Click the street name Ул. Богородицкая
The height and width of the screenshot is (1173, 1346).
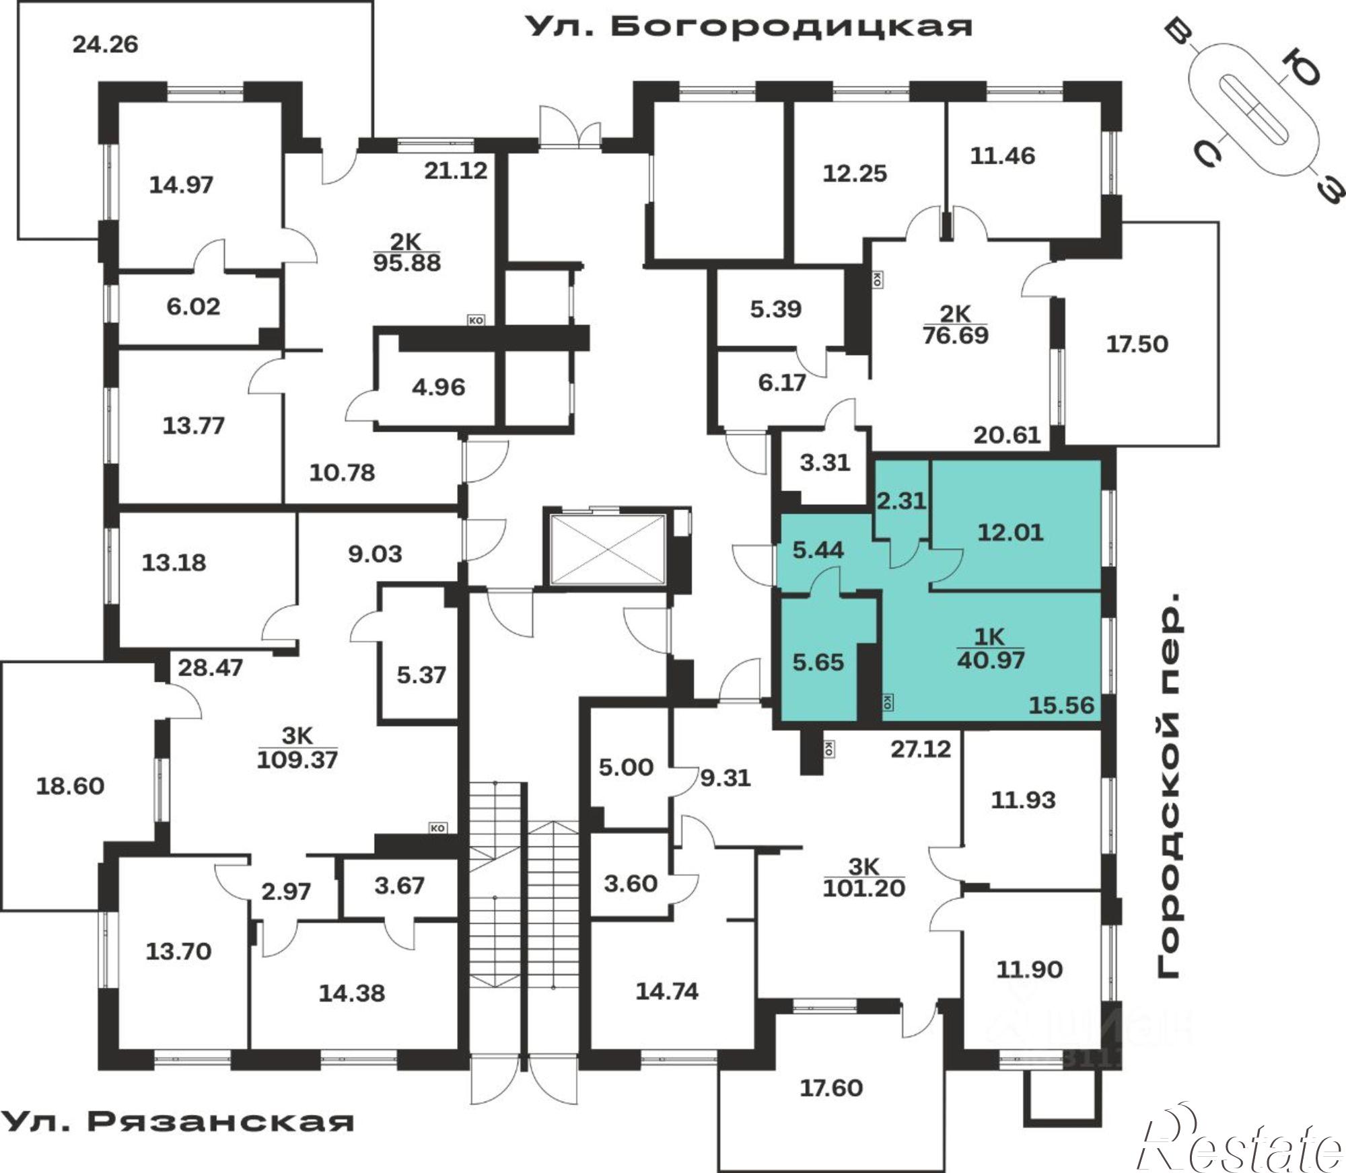(x=748, y=27)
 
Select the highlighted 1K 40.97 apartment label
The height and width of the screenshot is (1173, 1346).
(x=991, y=648)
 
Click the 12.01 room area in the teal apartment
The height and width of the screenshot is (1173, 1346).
(x=1010, y=532)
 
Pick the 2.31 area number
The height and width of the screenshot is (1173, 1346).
(x=901, y=500)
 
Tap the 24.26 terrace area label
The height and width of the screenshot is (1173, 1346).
(x=105, y=44)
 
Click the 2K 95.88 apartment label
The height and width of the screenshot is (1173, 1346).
(x=406, y=252)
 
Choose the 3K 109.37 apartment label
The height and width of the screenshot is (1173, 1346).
(x=297, y=748)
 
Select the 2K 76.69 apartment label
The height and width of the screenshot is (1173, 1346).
(x=956, y=324)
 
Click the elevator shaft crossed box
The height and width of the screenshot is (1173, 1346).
(x=608, y=550)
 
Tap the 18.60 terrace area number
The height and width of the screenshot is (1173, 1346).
(x=70, y=786)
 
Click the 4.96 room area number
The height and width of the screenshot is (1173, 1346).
(x=438, y=387)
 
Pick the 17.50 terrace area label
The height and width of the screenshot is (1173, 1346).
(x=1137, y=344)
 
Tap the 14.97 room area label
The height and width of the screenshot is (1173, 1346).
(x=181, y=184)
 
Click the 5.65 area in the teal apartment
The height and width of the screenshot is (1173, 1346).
(x=818, y=663)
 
